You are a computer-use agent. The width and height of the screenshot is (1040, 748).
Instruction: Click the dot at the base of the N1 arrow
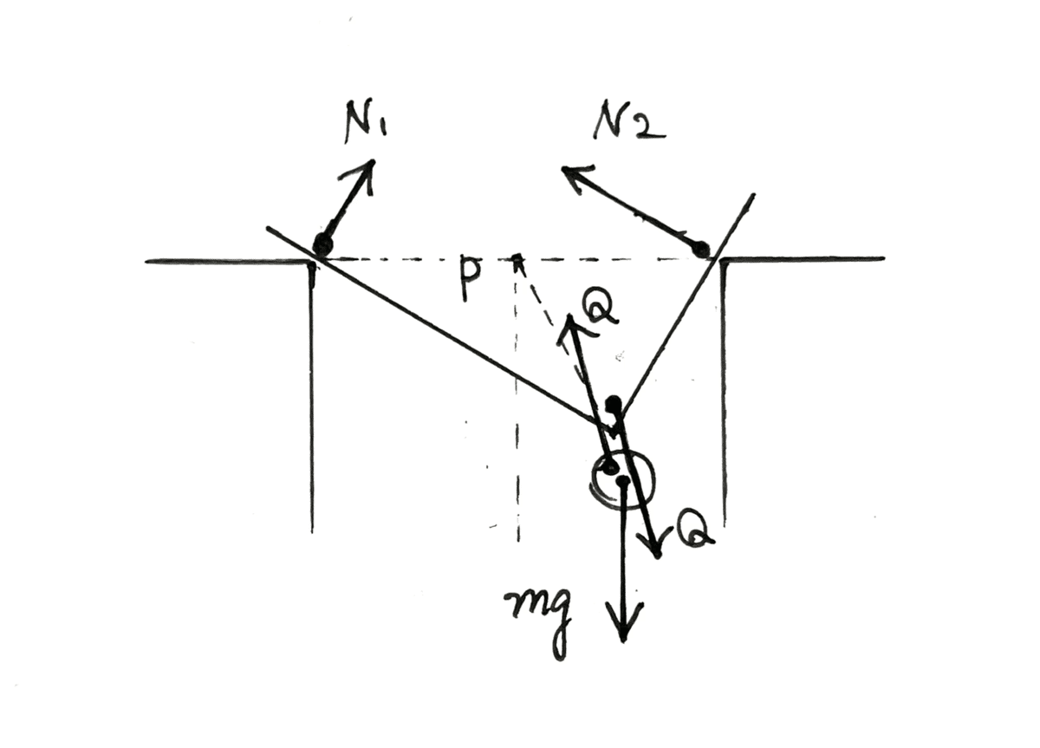click(322, 244)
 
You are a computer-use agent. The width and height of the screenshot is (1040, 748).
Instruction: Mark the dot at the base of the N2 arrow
click(702, 250)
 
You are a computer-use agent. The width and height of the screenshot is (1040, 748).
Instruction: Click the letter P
click(469, 278)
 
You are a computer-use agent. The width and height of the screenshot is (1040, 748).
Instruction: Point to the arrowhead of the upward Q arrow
click(569, 324)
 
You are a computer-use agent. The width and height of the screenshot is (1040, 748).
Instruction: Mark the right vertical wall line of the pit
click(723, 399)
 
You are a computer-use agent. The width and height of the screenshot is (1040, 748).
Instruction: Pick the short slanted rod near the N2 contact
click(685, 303)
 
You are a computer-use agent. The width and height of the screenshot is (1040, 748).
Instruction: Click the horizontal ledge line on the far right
click(806, 258)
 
